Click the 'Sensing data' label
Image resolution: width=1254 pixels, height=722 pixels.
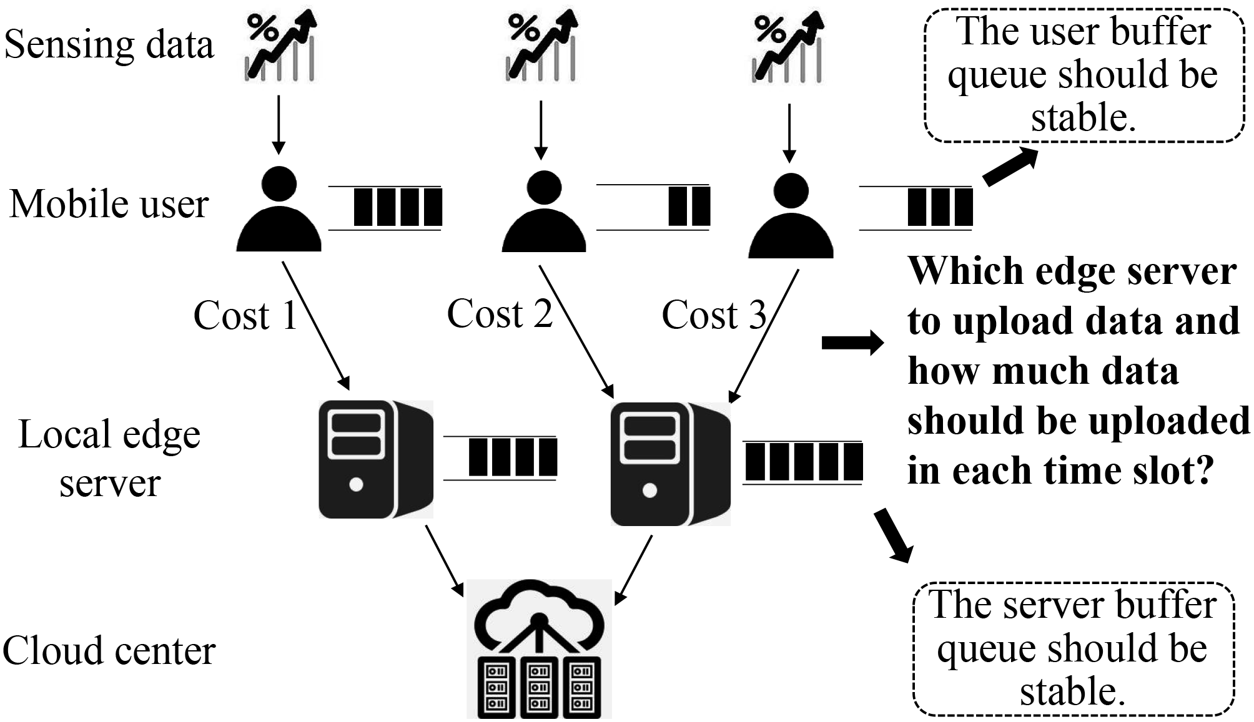click(x=109, y=45)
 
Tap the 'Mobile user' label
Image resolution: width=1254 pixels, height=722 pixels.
click(x=109, y=205)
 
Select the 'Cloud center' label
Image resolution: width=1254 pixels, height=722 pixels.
click(x=109, y=651)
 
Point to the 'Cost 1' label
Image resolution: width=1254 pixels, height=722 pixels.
click(x=245, y=315)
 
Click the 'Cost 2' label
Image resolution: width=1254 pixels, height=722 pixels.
click(x=500, y=314)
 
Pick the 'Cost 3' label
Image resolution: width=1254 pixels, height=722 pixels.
click(x=714, y=315)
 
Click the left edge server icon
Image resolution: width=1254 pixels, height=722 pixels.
click(x=375, y=459)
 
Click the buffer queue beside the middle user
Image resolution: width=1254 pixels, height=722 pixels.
click(x=653, y=207)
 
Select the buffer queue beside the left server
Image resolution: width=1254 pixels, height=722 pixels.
click(x=500, y=458)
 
